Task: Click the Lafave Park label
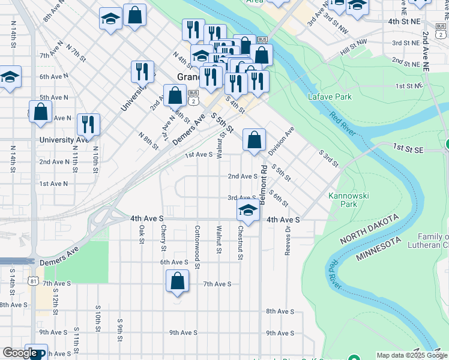[x=329, y=96]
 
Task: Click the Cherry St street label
[x=163, y=238]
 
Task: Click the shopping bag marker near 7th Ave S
[x=178, y=281]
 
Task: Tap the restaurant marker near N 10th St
[x=89, y=125]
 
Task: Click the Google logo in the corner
[x=19, y=353]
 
